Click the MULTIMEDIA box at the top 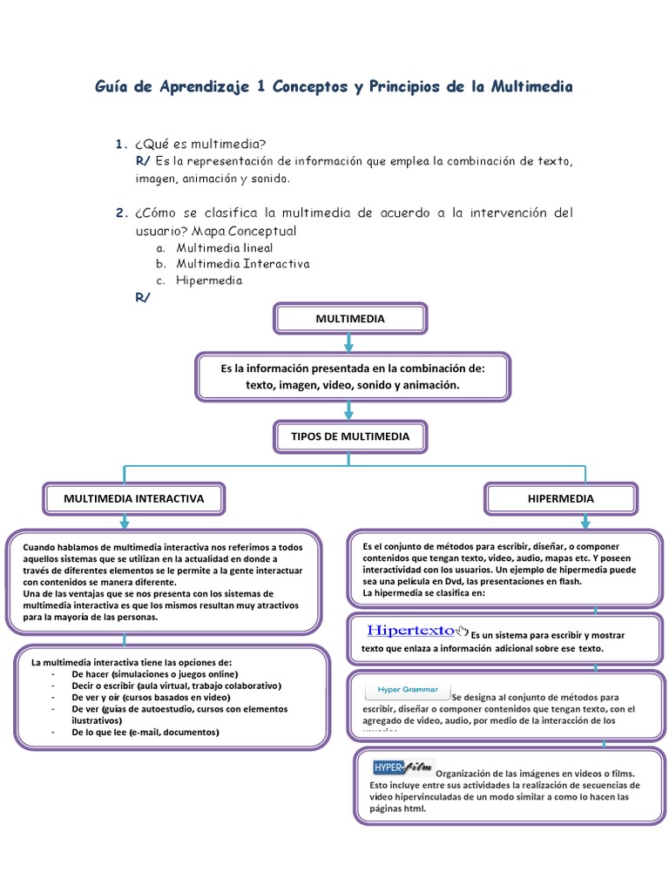pyautogui.click(x=349, y=319)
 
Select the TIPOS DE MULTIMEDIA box pyautogui.click(x=349, y=436)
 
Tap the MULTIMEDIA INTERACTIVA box pyautogui.click(x=133, y=499)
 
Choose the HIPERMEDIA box pyautogui.click(x=561, y=499)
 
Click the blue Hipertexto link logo pyautogui.click(x=411, y=630)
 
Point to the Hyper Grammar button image pyautogui.click(x=407, y=691)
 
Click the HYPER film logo pyautogui.click(x=402, y=767)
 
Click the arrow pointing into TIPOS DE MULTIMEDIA pyautogui.click(x=349, y=410)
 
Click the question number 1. pyautogui.click(x=121, y=144)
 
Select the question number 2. pyautogui.click(x=121, y=213)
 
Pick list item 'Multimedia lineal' pyautogui.click(x=224, y=248)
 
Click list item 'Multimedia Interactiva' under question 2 pyautogui.click(x=242, y=264)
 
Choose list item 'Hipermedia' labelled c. pyautogui.click(x=209, y=280)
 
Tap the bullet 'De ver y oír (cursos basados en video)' pyautogui.click(x=151, y=698)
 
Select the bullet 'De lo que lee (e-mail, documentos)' pyautogui.click(x=145, y=732)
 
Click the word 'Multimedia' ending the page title pyautogui.click(x=532, y=87)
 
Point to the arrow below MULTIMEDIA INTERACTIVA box pyautogui.click(x=125, y=521)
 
